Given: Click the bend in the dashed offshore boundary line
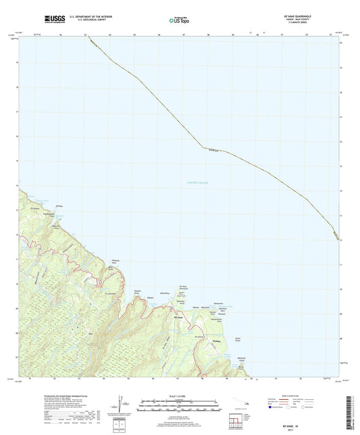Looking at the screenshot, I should click(201, 147).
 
